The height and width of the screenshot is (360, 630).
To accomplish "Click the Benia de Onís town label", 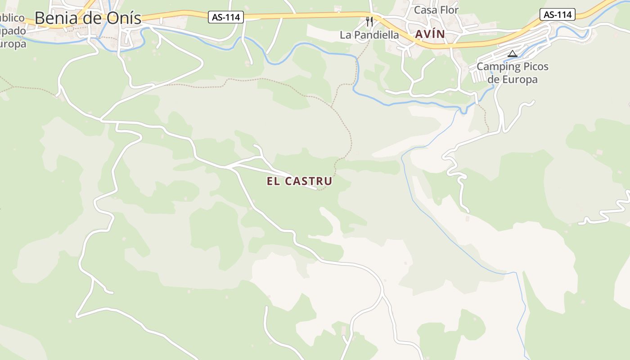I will click(x=88, y=18).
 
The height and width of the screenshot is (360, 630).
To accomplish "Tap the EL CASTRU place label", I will click(x=299, y=181).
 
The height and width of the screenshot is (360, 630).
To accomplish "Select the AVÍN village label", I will click(x=430, y=34).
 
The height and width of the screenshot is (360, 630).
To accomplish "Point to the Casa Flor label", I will click(x=436, y=10).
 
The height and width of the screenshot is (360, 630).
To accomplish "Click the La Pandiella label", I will click(x=369, y=35).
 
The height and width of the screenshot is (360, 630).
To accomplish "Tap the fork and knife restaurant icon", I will click(x=369, y=21).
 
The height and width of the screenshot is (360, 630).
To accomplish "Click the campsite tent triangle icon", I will click(x=512, y=54).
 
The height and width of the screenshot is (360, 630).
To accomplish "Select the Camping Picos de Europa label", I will click(x=513, y=73).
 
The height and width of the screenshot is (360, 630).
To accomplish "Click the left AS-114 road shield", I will click(x=226, y=18).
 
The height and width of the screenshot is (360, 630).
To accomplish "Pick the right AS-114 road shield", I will click(x=558, y=14).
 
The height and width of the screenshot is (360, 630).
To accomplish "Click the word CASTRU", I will click(x=310, y=181).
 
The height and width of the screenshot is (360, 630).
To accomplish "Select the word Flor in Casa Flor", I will click(x=449, y=10).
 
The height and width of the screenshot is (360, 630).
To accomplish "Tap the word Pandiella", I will click(x=376, y=35).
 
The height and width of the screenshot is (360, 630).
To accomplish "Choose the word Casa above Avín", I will click(x=425, y=10).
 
